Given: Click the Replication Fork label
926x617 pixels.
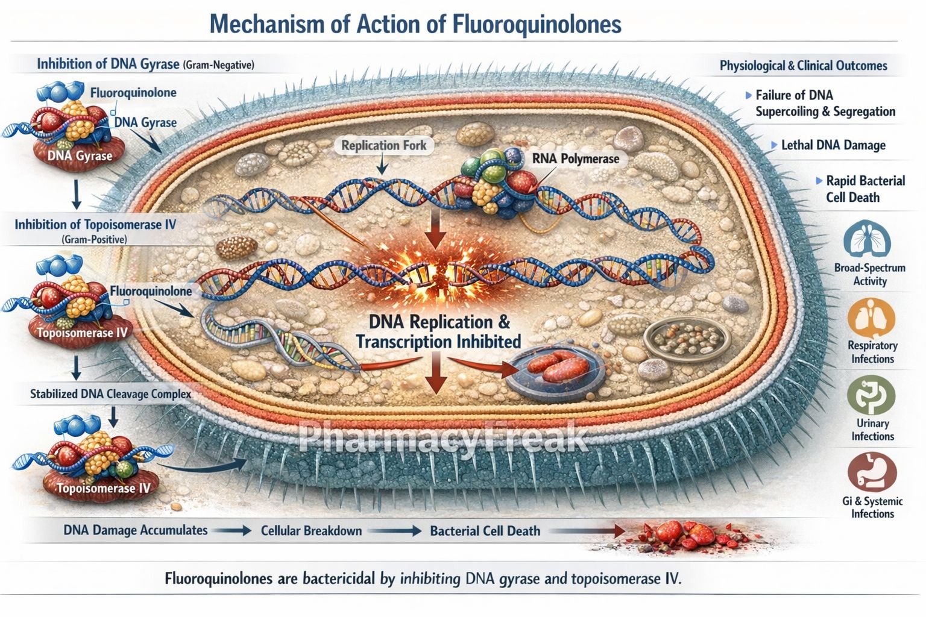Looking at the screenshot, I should point(383,145).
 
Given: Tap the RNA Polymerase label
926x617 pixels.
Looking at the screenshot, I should point(575,159).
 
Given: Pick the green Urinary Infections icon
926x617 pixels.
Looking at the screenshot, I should point(871,395).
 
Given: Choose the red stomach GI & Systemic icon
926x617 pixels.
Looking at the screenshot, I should point(872,473).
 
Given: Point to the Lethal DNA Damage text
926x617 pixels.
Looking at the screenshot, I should point(833,145).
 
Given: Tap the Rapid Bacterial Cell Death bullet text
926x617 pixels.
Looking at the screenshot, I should point(865,189).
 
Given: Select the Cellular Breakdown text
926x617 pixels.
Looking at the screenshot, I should point(311,531).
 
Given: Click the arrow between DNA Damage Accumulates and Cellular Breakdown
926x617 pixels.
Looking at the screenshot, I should point(233,531).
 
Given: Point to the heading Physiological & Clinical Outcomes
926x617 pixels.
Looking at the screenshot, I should point(803,66).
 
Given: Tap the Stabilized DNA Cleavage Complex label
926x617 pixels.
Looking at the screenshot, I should point(110,394).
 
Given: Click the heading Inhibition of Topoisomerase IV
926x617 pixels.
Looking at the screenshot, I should point(95,225).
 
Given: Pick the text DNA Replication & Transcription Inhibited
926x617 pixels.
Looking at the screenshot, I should point(438,331).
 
